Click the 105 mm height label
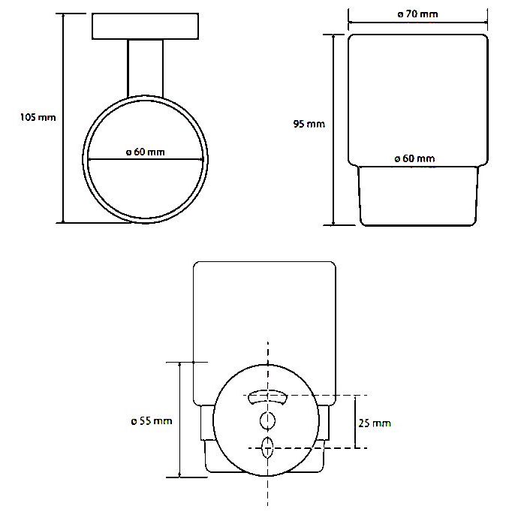coord(38,117)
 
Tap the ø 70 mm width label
coord(417,14)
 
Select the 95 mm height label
coord(309,124)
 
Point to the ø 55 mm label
coord(152,421)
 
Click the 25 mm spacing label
coord(375,423)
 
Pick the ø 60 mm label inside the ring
coord(146,152)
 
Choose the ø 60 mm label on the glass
coord(414,158)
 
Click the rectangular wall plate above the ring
coord(146,26)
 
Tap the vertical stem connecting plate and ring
coord(146,68)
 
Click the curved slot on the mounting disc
coord(267,396)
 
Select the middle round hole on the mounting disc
coord(267,420)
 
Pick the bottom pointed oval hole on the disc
coord(267,447)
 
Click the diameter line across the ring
coord(146,159)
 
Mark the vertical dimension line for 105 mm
coord(63,118)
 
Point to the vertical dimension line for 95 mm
coord(333,130)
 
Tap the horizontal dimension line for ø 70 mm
coord(418,23)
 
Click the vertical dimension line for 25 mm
coord(356,422)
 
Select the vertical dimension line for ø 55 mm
coord(180,420)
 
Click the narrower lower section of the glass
coord(418,196)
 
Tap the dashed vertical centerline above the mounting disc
coord(268,353)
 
